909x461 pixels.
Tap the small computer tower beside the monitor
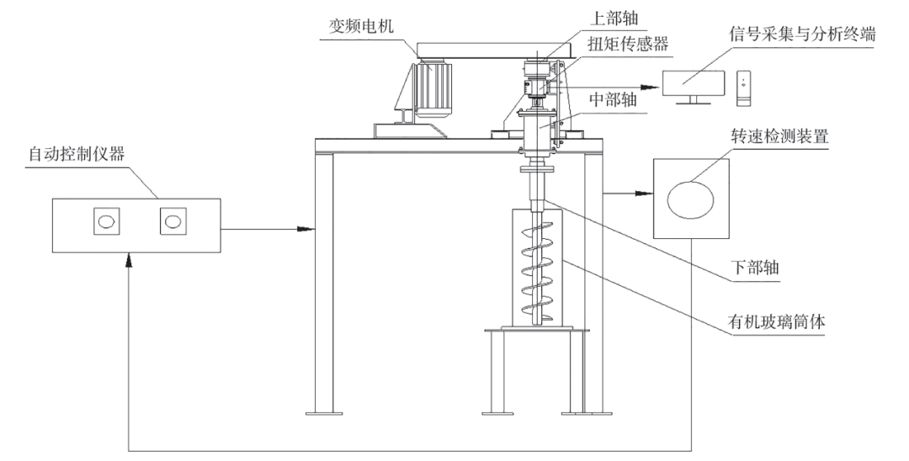(742, 87)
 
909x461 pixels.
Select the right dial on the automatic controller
(173, 223)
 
